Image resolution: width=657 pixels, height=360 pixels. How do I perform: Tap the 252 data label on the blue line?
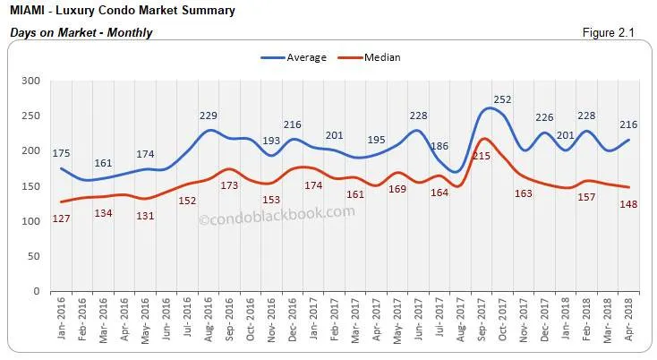[x=502, y=99]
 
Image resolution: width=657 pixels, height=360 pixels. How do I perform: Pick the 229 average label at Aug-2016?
[x=209, y=115]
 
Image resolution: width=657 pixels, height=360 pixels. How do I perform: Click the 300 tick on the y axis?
[x=33, y=81]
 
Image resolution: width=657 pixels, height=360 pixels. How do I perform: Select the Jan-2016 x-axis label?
[x=62, y=319]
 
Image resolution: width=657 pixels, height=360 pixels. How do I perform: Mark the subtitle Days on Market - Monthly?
[x=81, y=33]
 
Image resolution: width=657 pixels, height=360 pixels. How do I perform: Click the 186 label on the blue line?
[x=439, y=146]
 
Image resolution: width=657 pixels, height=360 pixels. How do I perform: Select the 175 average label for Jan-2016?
[x=60, y=153]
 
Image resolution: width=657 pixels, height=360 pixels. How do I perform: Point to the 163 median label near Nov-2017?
[x=523, y=193]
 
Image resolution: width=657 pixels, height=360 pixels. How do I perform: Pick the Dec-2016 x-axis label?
[x=294, y=319]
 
